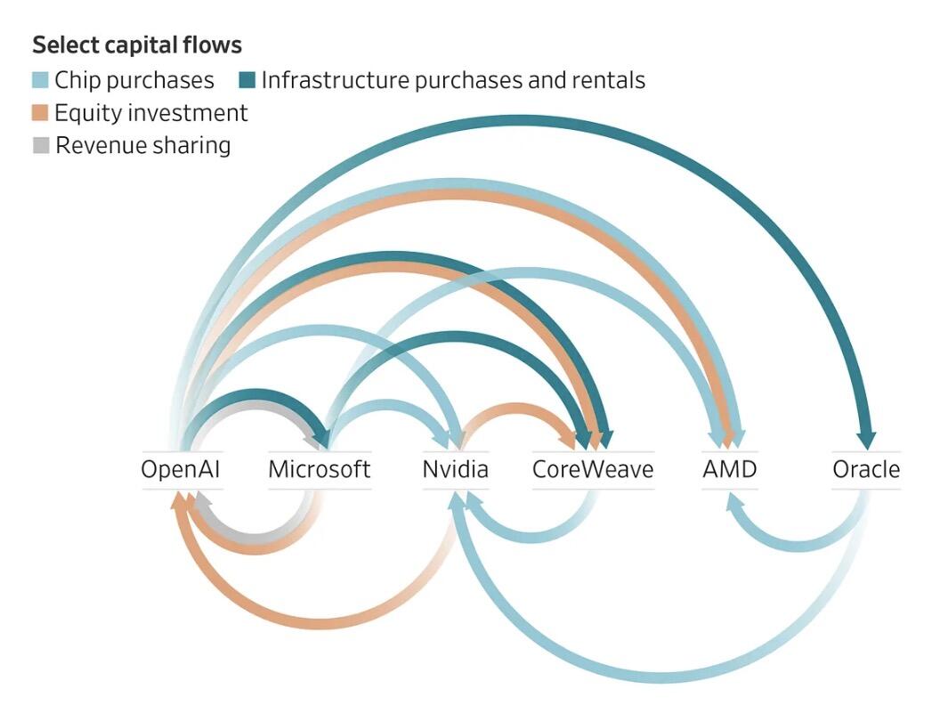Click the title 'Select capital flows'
pyautogui.click(x=137, y=45)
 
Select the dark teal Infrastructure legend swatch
pyautogui.click(x=247, y=80)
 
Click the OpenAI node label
pyautogui.click(x=181, y=469)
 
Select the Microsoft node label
pyautogui.click(x=320, y=469)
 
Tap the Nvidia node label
pyautogui.click(x=456, y=469)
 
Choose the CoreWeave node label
pyautogui.click(x=593, y=469)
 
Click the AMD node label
pyautogui.click(x=729, y=469)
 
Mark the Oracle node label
pyautogui.click(x=866, y=469)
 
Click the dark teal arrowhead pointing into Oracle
pyautogui.click(x=866, y=439)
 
